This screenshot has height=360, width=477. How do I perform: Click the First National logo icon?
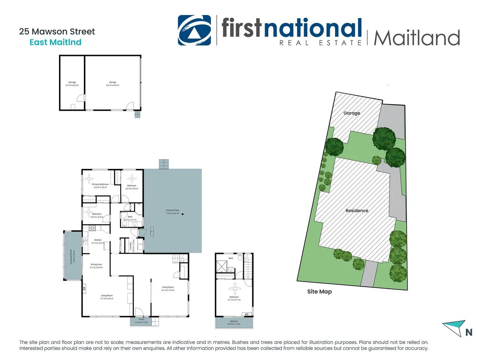click(x=194, y=30)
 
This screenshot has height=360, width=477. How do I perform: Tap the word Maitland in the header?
click(x=417, y=38)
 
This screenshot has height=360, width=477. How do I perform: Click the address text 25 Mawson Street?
click(x=57, y=32)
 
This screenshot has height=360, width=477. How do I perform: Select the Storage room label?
click(x=72, y=82)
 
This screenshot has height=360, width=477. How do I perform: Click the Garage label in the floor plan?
click(x=113, y=82)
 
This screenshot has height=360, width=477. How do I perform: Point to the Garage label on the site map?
click(x=352, y=113)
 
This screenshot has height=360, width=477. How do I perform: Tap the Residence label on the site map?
click(x=357, y=211)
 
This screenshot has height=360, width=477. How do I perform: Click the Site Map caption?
click(x=319, y=292)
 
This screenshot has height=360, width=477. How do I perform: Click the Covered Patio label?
click(x=173, y=210)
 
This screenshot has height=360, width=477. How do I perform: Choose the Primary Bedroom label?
click(x=100, y=184)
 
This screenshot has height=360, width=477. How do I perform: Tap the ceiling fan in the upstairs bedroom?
click(x=235, y=288)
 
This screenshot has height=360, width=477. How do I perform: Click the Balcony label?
click(x=234, y=321)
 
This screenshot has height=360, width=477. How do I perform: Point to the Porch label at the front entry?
click(x=142, y=319)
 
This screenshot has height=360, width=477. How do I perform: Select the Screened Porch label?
click(x=71, y=257)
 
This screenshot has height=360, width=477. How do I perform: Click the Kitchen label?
click(x=98, y=240)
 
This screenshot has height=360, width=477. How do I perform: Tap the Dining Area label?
click(x=96, y=264)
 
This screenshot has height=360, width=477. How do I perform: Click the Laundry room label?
click(x=130, y=246)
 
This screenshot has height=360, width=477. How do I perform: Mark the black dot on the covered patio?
click(x=183, y=214)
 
